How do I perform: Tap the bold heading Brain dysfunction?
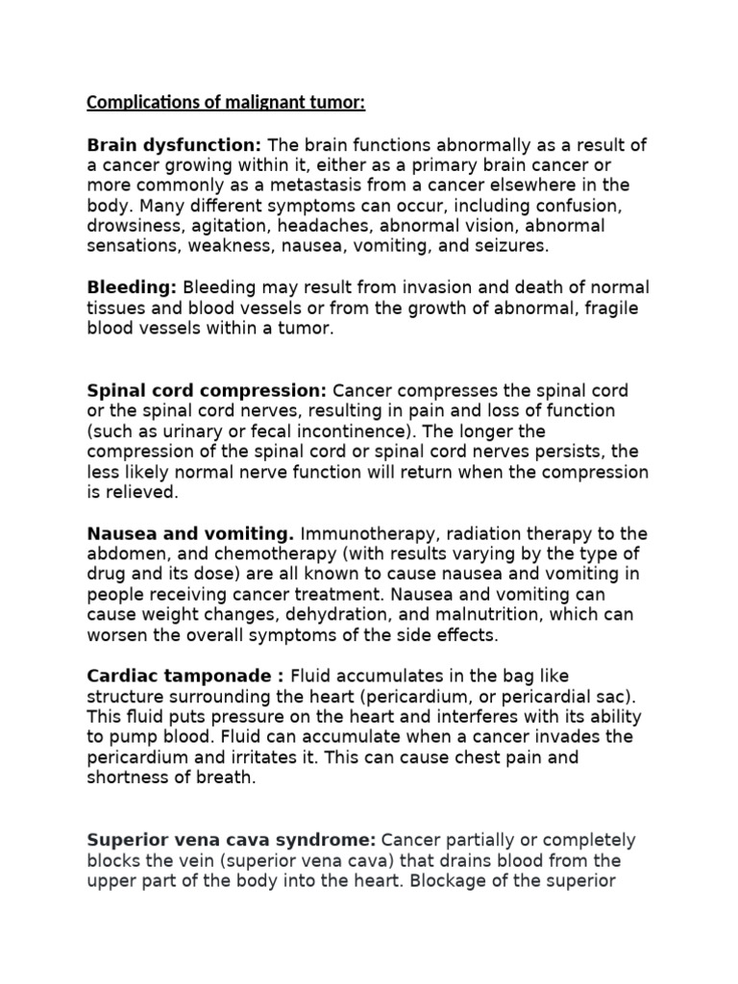(174, 145)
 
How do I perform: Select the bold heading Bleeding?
(132, 286)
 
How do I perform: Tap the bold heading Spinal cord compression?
(207, 391)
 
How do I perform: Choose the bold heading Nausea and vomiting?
(190, 533)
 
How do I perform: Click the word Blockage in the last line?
(447, 880)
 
